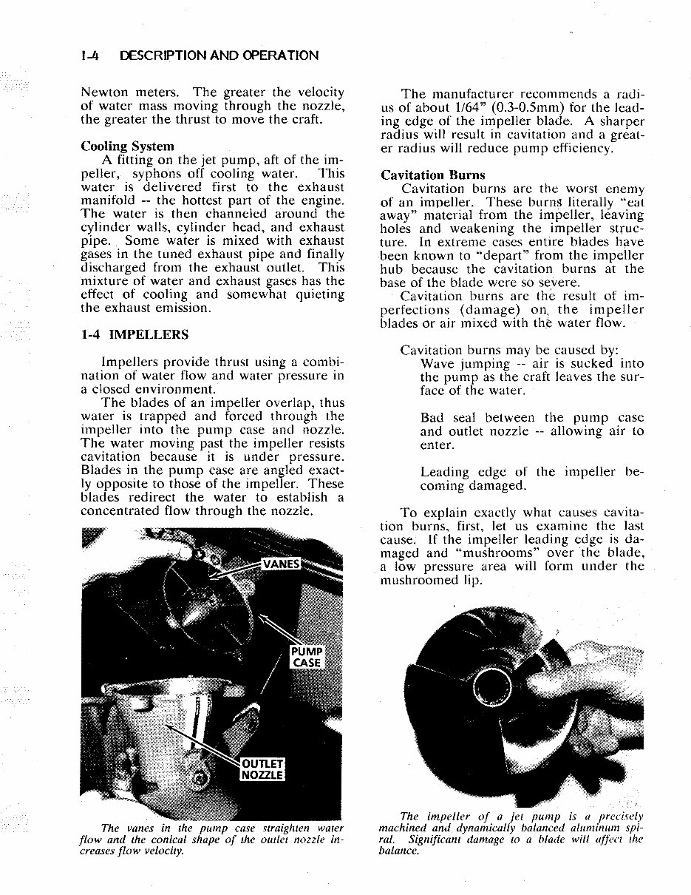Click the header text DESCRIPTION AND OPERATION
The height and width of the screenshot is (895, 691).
(x=219, y=55)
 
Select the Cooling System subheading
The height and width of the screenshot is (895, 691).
(x=127, y=146)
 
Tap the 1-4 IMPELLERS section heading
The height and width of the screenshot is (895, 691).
(x=135, y=334)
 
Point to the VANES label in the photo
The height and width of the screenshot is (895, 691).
(x=282, y=565)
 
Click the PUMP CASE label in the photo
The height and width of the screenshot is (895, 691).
(x=306, y=657)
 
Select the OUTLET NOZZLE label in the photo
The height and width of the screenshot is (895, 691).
(x=263, y=769)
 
